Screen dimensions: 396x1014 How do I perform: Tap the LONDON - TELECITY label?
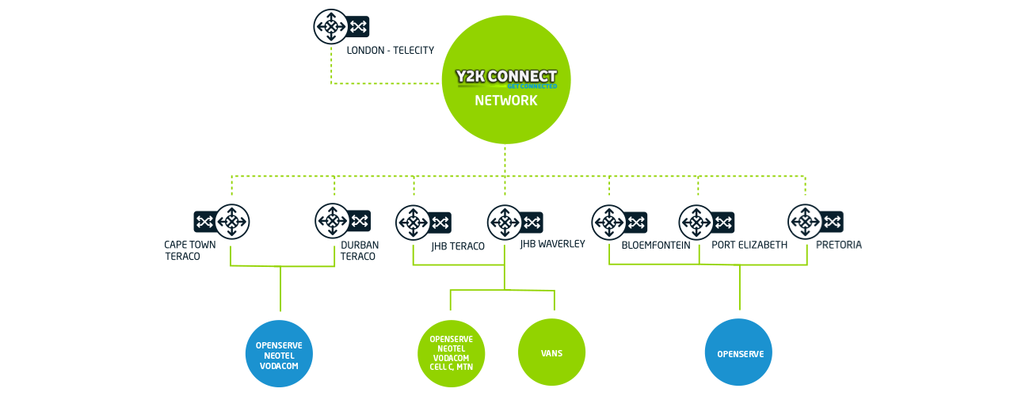(391, 51)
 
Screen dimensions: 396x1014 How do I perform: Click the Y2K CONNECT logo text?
(506, 77)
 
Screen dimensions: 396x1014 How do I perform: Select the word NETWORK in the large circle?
(506, 101)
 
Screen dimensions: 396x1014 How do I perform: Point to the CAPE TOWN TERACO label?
(190, 250)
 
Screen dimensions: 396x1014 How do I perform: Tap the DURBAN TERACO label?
(360, 250)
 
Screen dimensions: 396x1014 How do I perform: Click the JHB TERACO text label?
(458, 246)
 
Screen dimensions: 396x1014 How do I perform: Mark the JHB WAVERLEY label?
(552, 244)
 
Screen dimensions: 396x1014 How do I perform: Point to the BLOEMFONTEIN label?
(656, 246)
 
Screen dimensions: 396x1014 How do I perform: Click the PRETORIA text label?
(838, 246)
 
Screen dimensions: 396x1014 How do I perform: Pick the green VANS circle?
(551, 353)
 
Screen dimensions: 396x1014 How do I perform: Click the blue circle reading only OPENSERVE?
(739, 353)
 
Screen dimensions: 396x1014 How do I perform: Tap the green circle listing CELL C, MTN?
(452, 353)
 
